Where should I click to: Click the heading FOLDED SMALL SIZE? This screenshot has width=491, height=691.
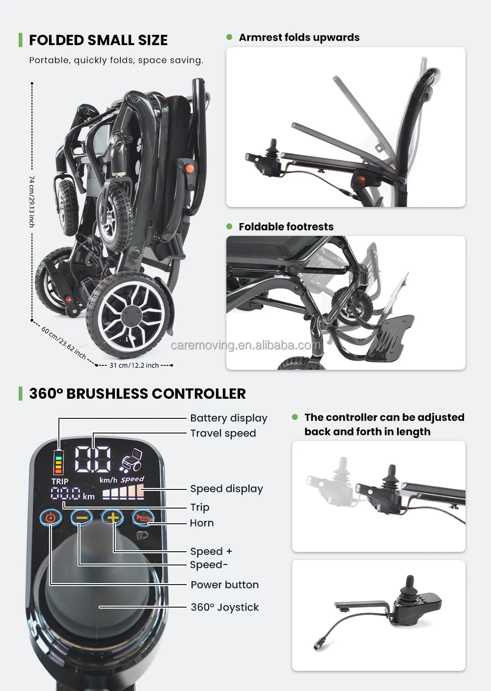point(98,40)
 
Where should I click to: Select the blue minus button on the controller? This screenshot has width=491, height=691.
point(82,517)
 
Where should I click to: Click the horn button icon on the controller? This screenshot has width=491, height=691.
point(142,517)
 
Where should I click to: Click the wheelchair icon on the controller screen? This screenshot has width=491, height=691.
point(132,460)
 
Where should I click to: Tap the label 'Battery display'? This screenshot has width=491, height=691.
point(228,418)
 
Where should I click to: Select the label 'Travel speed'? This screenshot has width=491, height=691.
point(223,434)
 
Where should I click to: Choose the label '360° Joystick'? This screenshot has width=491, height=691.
point(224,607)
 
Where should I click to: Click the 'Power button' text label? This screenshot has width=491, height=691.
point(224,585)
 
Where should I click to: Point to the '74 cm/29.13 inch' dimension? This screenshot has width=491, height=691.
point(32,201)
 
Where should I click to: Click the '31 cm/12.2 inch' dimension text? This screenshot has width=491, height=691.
point(134,365)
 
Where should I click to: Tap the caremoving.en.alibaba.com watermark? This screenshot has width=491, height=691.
point(245,345)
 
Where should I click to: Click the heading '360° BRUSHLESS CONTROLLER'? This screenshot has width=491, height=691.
point(137,394)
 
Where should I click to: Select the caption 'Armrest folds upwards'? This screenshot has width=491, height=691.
point(299,38)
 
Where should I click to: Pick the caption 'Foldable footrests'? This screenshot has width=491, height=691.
point(286,227)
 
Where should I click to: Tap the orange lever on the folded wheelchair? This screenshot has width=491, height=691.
point(188,168)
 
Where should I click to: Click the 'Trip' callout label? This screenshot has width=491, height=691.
point(199,507)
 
